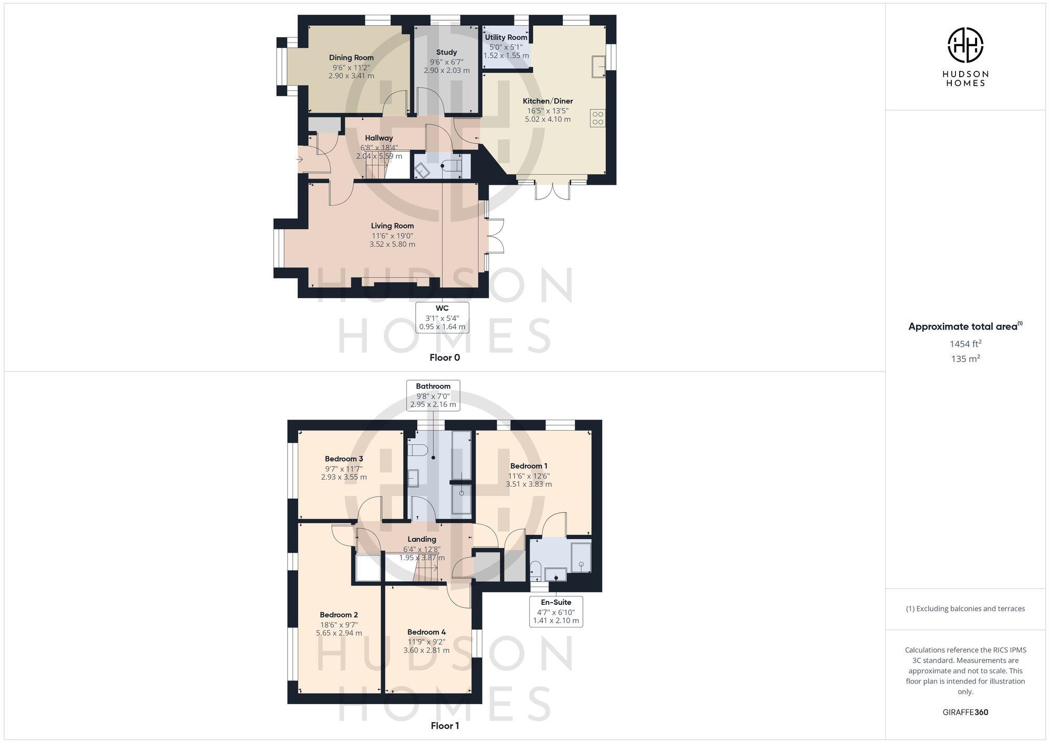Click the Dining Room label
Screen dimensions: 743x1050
coord(351,58)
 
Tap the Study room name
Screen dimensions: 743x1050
coord(446,53)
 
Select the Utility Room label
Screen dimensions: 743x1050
coord(506,37)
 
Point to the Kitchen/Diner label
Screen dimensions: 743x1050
coord(548,101)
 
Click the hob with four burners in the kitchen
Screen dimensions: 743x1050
coord(598,118)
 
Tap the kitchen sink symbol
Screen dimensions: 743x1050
coord(599,66)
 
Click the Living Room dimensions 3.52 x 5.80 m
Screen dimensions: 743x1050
coord(392,244)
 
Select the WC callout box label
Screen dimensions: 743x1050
coord(442,308)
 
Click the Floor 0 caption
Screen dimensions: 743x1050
coord(445,358)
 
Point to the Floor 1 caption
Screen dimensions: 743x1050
coord(445,726)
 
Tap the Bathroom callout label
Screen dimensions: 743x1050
coord(433,386)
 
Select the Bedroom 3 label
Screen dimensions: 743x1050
coord(344,459)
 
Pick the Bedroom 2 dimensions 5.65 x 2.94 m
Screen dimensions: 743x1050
coord(339,633)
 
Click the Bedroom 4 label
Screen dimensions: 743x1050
coord(426,632)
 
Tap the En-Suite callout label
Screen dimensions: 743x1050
coord(556,602)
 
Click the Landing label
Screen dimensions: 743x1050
coord(422,539)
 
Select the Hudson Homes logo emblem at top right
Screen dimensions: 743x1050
coord(965,45)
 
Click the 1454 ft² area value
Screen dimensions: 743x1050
coord(965,344)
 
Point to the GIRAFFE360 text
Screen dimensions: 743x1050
coord(965,713)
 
